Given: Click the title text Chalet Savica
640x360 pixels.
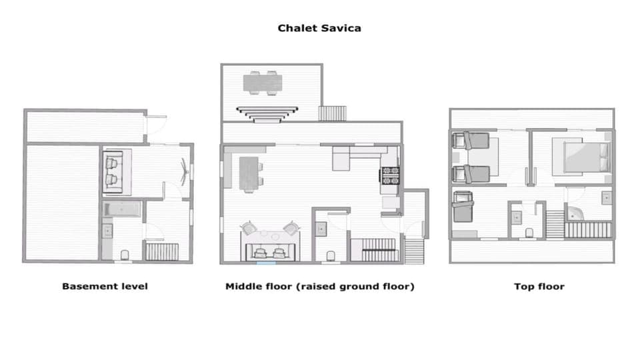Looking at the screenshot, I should [319, 29].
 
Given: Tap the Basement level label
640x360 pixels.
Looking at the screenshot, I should [105, 287].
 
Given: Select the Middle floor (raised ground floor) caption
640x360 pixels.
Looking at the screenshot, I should [320, 287].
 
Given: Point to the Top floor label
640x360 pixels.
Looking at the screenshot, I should [539, 287].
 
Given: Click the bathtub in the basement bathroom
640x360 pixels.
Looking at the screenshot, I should [123, 209].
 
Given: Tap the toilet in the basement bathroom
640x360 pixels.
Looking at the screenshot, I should [125, 254].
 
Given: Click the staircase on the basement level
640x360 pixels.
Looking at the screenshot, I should [161, 252].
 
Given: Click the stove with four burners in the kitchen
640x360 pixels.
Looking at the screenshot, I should [389, 175].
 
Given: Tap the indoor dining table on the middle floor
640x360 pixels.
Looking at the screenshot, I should [247, 172].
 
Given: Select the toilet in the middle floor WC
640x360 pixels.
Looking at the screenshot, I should [331, 255].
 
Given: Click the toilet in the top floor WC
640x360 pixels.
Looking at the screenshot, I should [529, 233].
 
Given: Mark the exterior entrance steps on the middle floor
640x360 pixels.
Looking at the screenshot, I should [414, 251].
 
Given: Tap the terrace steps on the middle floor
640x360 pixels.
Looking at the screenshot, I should [332, 113].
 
